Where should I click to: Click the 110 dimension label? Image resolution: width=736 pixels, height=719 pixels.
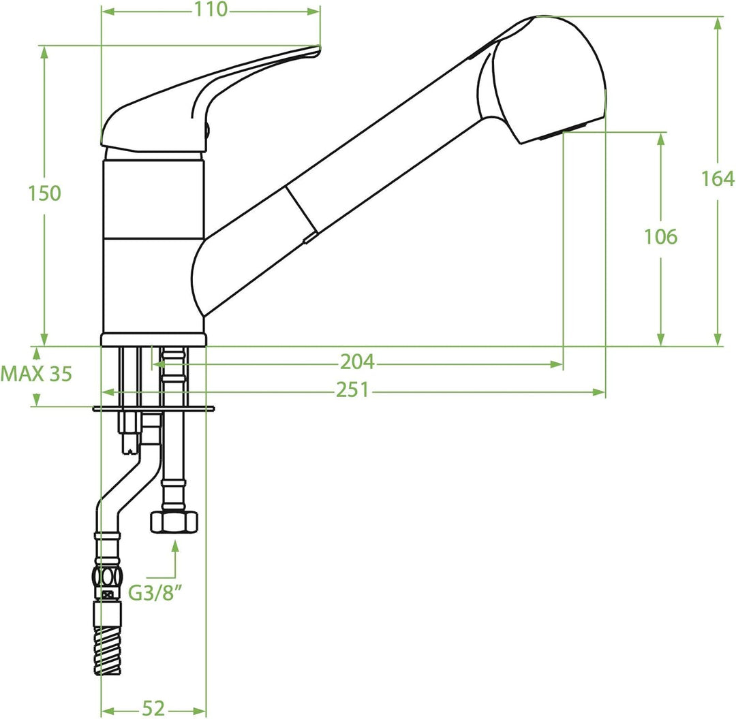[x=211, y=10]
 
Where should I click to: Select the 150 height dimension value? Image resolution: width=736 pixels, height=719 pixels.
[x=44, y=193]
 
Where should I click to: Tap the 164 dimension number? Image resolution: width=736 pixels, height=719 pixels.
[x=717, y=178]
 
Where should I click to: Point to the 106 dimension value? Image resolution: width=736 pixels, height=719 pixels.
[x=660, y=237]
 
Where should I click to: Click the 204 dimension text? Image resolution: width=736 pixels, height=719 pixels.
[x=357, y=362]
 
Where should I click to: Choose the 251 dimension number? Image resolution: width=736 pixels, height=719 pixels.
[x=352, y=390]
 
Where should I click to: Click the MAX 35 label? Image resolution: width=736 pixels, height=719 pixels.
[x=36, y=374]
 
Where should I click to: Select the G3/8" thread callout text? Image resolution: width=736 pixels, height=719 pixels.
[x=155, y=593]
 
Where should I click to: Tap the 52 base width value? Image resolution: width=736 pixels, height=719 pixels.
[x=153, y=708]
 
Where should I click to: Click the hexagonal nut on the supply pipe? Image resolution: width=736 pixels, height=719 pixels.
[x=174, y=522]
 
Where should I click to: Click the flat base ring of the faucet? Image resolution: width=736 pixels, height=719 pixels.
[x=153, y=340]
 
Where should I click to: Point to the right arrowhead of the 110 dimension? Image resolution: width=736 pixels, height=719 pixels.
[x=314, y=12]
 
